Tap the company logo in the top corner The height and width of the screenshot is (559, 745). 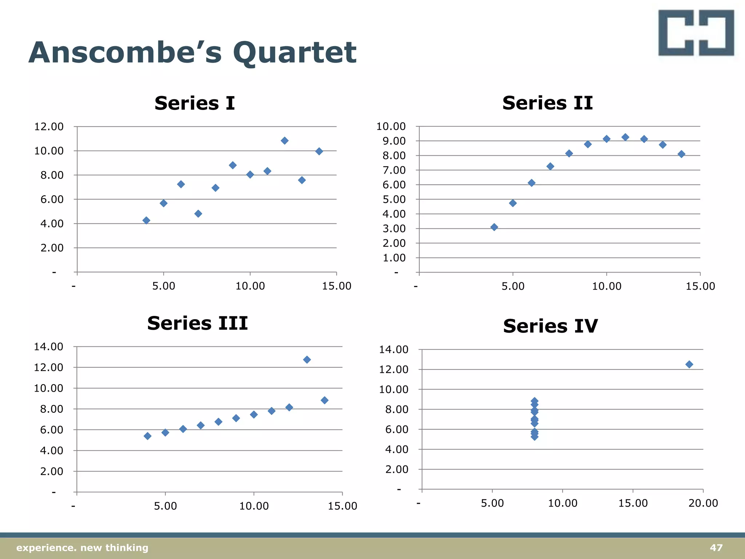coord(696,33)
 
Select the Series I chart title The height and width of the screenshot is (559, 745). coord(195,103)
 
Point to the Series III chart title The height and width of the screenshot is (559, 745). coord(197,323)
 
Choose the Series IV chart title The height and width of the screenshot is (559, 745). coord(550,326)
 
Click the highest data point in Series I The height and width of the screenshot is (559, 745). coord(284,140)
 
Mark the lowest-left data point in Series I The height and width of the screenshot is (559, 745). coord(146,220)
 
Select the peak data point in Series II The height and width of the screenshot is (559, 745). coord(625,137)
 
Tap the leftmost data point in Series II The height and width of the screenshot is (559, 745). coord(494,227)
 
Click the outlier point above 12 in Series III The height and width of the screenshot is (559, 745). coord(307,360)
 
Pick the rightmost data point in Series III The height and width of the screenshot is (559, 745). coord(324,400)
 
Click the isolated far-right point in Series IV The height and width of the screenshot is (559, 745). coord(689,364)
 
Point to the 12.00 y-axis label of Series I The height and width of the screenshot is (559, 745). coord(49,127)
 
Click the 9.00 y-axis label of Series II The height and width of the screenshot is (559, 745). coord(394,141)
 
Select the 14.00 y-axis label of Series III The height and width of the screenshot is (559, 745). coord(49,346)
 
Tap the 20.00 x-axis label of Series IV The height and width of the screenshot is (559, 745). coord(703,503)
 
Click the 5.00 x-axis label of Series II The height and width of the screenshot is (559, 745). coord(513,286)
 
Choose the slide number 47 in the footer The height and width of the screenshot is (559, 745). coord(716,548)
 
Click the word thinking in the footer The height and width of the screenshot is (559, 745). coord(127,548)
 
